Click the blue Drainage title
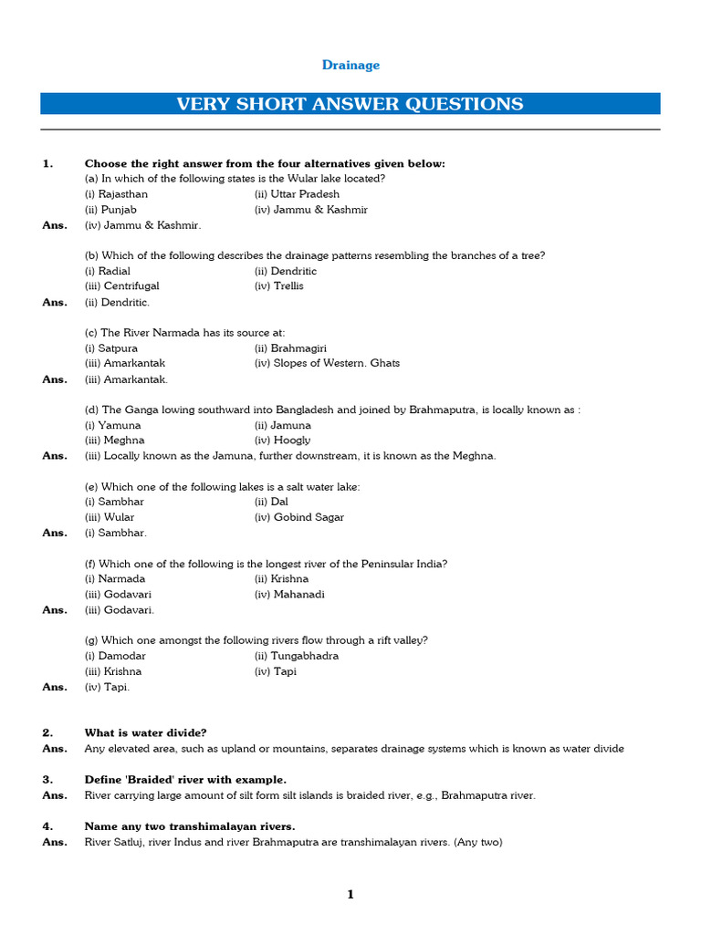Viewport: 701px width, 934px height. click(350, 65)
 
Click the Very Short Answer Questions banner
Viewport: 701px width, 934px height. click(350, 104)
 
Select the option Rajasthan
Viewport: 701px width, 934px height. click(117, 194)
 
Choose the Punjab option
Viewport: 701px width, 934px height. click(110, 210)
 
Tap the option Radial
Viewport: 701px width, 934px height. click(108, 271)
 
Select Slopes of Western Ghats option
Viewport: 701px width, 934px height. click(327, 363)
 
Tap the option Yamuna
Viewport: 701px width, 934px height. click(113, 425)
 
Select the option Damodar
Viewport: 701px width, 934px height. click(115, 656)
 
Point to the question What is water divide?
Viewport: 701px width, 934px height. click(146, 732)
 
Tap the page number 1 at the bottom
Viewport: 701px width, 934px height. click(350, 895)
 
